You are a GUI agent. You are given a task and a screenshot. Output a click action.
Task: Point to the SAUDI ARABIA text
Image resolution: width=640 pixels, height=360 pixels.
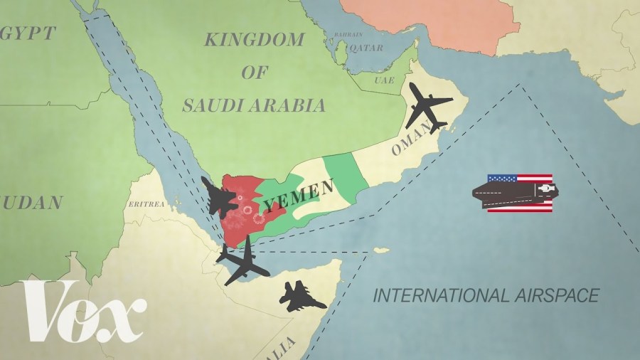254,106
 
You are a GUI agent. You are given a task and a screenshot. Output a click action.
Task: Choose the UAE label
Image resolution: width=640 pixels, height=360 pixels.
384,80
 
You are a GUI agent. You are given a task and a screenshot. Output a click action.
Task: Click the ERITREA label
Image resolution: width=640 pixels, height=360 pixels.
146,204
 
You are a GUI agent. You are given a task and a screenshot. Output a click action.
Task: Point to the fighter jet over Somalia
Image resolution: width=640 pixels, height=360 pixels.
302,297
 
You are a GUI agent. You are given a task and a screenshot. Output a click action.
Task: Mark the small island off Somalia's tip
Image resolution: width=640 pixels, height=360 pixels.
381,250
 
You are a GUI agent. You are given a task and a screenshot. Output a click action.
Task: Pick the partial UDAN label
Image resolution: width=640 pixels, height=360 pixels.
32,203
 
